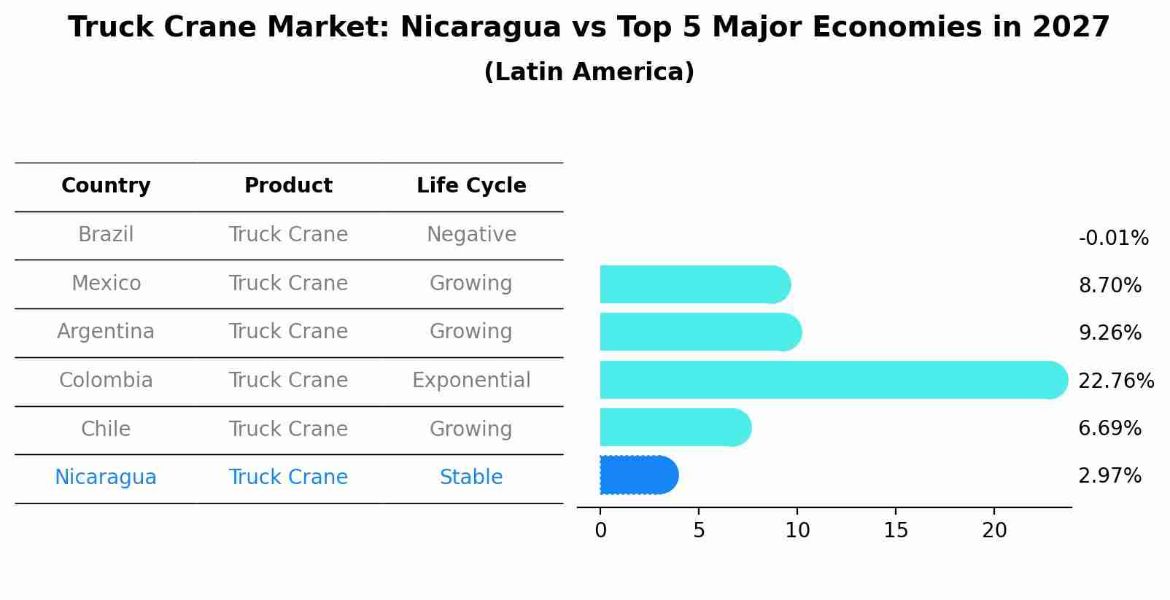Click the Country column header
(x=106, y=186)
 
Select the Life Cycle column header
(x=471, y=186)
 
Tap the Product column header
(x=288, y=186)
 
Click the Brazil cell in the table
(x=106, y=235)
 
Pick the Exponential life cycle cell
(x=471, y=381)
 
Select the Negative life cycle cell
(x=471, y=235)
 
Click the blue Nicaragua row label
(x=106, y=478)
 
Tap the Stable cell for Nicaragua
(x=471, y=478)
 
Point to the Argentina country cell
(x=106, y=332)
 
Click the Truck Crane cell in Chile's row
(x=288, y=429)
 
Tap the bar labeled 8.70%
(x=693, y=284)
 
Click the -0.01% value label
(x=1113, y=238)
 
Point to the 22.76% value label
(x=1116, y=381)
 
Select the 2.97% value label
(x=1109, y=476)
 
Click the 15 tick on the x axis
(x=896, y=531)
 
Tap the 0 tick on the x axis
(x=600, y=531)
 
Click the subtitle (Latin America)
(x=589, y=72)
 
